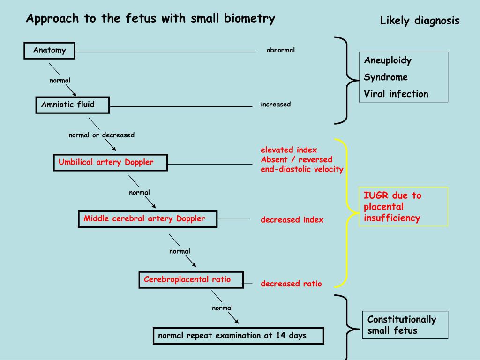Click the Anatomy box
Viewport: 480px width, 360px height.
point(49,51)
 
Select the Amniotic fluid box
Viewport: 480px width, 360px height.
point(72,105)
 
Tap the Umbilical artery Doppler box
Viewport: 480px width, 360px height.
point(110,163)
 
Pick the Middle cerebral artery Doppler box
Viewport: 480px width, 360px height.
point(147,219)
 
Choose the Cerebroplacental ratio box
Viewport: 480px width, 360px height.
point(191,280)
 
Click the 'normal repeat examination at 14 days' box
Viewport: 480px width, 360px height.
point(238,336)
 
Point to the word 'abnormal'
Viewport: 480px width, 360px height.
point(280,50)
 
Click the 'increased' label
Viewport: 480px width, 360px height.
point(276,105)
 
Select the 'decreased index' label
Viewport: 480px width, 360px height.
point(292,220)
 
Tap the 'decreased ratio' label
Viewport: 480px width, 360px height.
point(291,284)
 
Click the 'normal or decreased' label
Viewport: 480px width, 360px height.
point(101,135)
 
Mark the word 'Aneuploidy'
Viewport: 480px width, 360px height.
point(388,60)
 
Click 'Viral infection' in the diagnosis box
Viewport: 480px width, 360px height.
point(396,94)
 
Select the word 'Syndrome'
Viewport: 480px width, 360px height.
point(386,77)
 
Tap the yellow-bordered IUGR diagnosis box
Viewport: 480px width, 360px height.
point(403,207)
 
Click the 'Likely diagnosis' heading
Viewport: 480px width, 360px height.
point(420,21)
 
